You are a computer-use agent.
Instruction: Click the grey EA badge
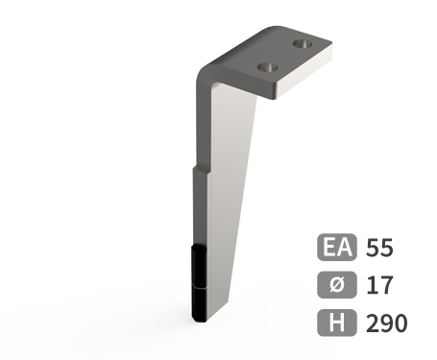tap(337, 248)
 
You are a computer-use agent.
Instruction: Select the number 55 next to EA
tap(380, 248)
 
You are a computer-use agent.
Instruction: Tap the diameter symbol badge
tap(337, 285)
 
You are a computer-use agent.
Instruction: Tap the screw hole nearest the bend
tap(268, 68)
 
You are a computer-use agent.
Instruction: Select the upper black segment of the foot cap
tap(200, 263)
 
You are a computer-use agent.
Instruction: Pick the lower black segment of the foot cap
tap(200, 303)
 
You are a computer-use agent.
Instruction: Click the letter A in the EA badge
tap(345, 248)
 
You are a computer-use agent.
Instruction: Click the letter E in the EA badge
tap(329, 248)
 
